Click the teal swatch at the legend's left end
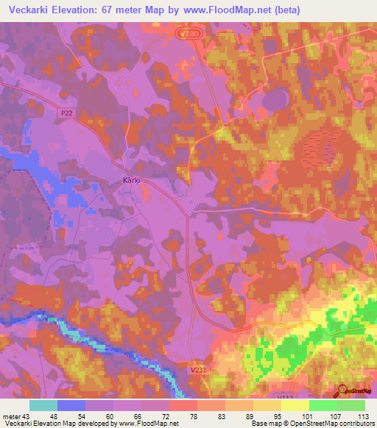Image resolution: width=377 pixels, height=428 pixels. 43,405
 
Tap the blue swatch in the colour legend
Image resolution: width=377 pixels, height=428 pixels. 71,405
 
